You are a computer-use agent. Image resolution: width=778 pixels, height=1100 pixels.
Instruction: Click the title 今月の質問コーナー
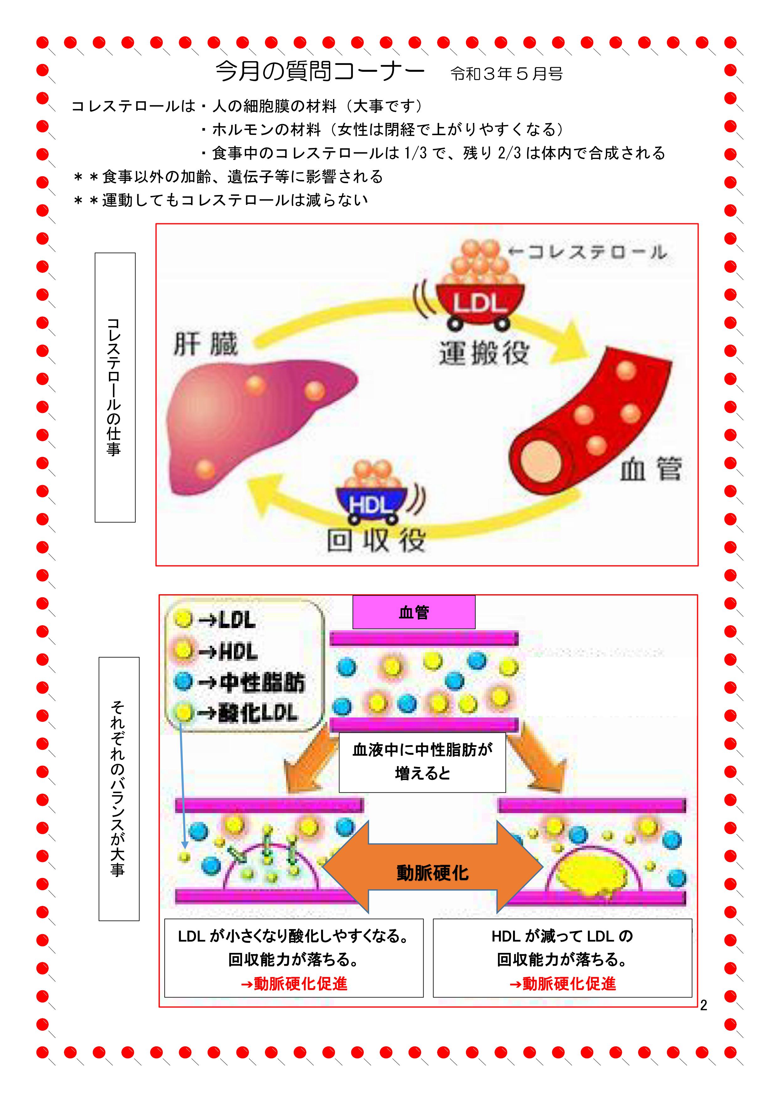[320, 72]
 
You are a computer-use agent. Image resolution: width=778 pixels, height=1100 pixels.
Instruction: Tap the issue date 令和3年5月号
[507, 74]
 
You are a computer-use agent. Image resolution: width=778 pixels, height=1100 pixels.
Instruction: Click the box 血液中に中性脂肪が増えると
[422, 762]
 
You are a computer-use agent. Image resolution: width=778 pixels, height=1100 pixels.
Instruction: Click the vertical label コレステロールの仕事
[115, 387]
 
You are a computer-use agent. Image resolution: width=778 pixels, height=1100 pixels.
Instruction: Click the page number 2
[703, 1005]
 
